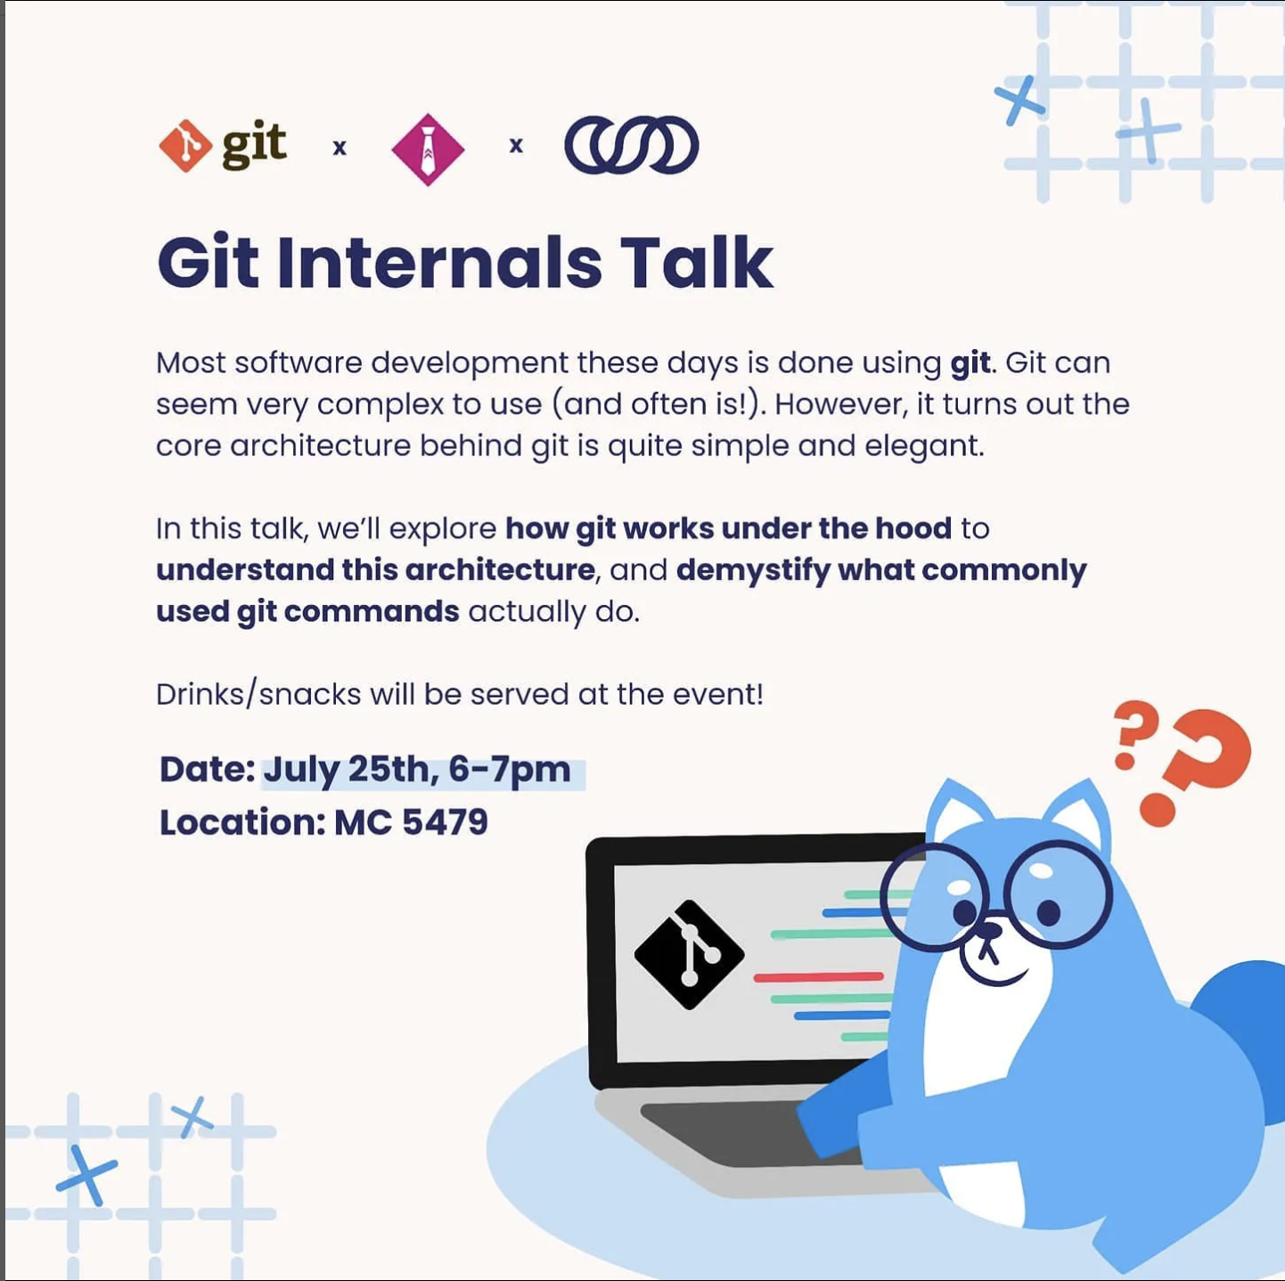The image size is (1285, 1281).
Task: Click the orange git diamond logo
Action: (x=184, y=145)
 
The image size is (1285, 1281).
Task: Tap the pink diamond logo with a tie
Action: (x=428, y=149)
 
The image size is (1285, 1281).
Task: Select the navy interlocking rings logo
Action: (x=631, y=144)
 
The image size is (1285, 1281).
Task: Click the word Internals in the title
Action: (x=439, y=263)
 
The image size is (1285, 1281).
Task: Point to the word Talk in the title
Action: (x=697, y=263)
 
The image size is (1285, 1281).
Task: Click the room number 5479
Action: (x=445, y=821)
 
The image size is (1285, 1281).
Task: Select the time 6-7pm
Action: (x=510, y=771)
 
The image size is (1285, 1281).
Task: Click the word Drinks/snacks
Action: (x=258, y=694)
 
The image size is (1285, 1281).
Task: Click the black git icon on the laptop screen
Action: (x=689, y=954)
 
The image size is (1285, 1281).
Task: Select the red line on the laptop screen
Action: (x=818, y=977)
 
